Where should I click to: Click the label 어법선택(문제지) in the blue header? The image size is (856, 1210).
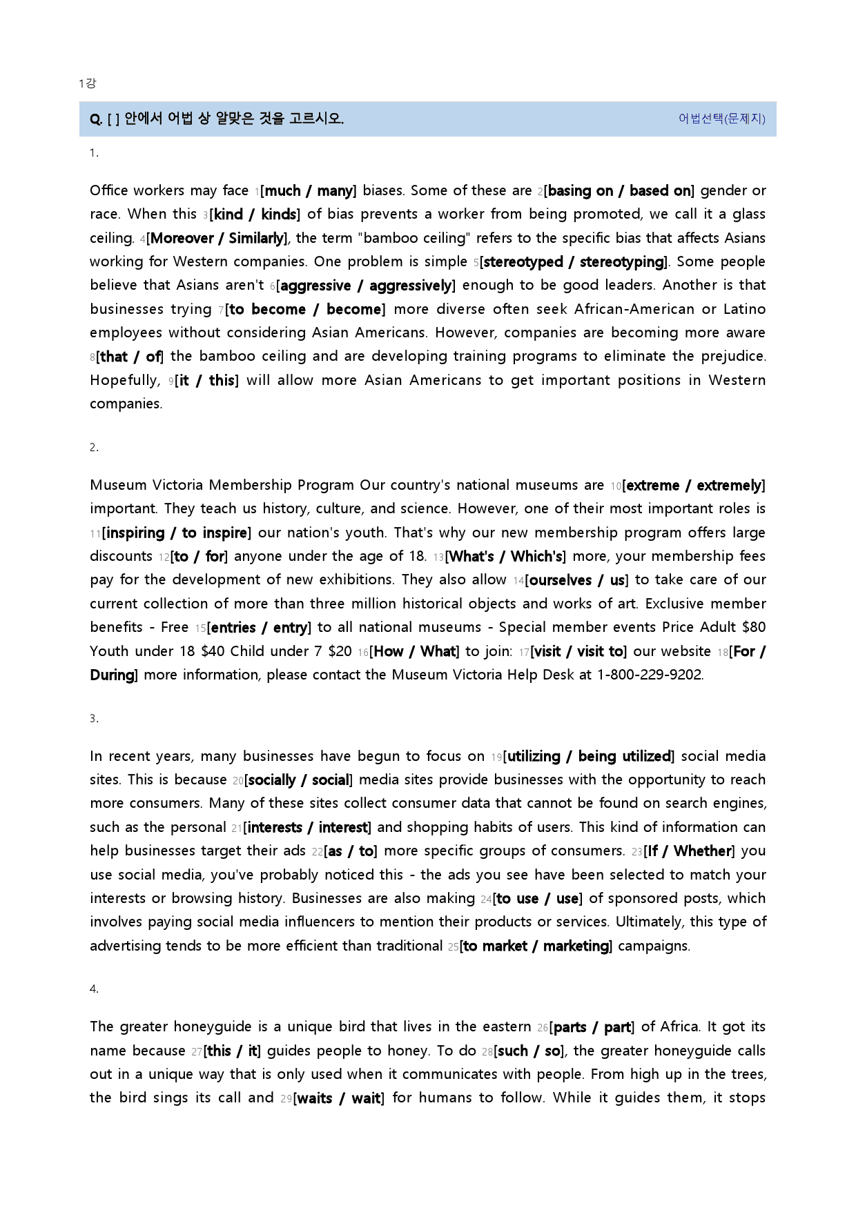(x=721, y=119)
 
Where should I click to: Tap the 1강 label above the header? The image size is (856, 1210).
(x=88, y=83)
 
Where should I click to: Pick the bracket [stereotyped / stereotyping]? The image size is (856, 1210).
(x=574, y=262)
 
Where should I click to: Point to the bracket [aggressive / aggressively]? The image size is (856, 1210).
(x=366, y=286)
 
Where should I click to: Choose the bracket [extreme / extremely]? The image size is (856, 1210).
(x=694, y=486)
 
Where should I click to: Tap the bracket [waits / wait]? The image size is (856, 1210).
(x=339, y=1098)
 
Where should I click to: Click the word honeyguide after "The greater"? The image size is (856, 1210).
(x=213, y=1027)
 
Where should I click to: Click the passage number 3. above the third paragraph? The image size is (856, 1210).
(x=94, y=719)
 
